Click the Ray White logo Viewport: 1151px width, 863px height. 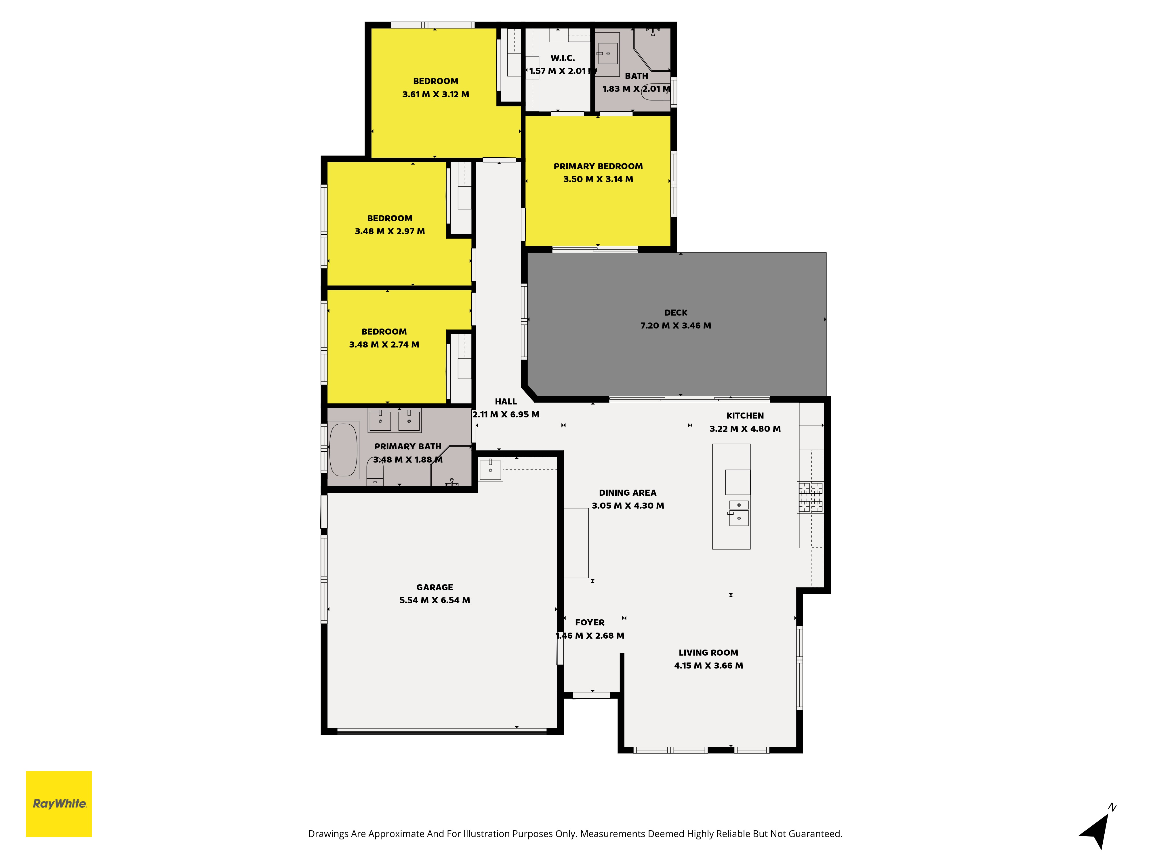pos(59,804)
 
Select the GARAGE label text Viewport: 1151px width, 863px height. pos(435,587)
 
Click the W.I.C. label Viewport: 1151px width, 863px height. pos(563,58)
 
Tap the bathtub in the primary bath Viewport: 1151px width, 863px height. pos(343,450)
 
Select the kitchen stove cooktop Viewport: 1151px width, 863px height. pos(810,497)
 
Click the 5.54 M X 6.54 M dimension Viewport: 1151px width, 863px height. pos(435,600)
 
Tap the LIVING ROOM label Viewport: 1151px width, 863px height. pos(708,652)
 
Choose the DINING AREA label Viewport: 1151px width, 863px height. pos(628,492)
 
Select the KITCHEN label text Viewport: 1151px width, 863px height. pos(745,416)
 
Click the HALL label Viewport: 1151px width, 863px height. pos(506,402)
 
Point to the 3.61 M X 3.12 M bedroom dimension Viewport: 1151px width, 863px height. pos(436,94)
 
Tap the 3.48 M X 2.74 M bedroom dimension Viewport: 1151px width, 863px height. pos(384,344)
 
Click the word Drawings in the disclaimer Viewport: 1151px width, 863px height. pos(328,834)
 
